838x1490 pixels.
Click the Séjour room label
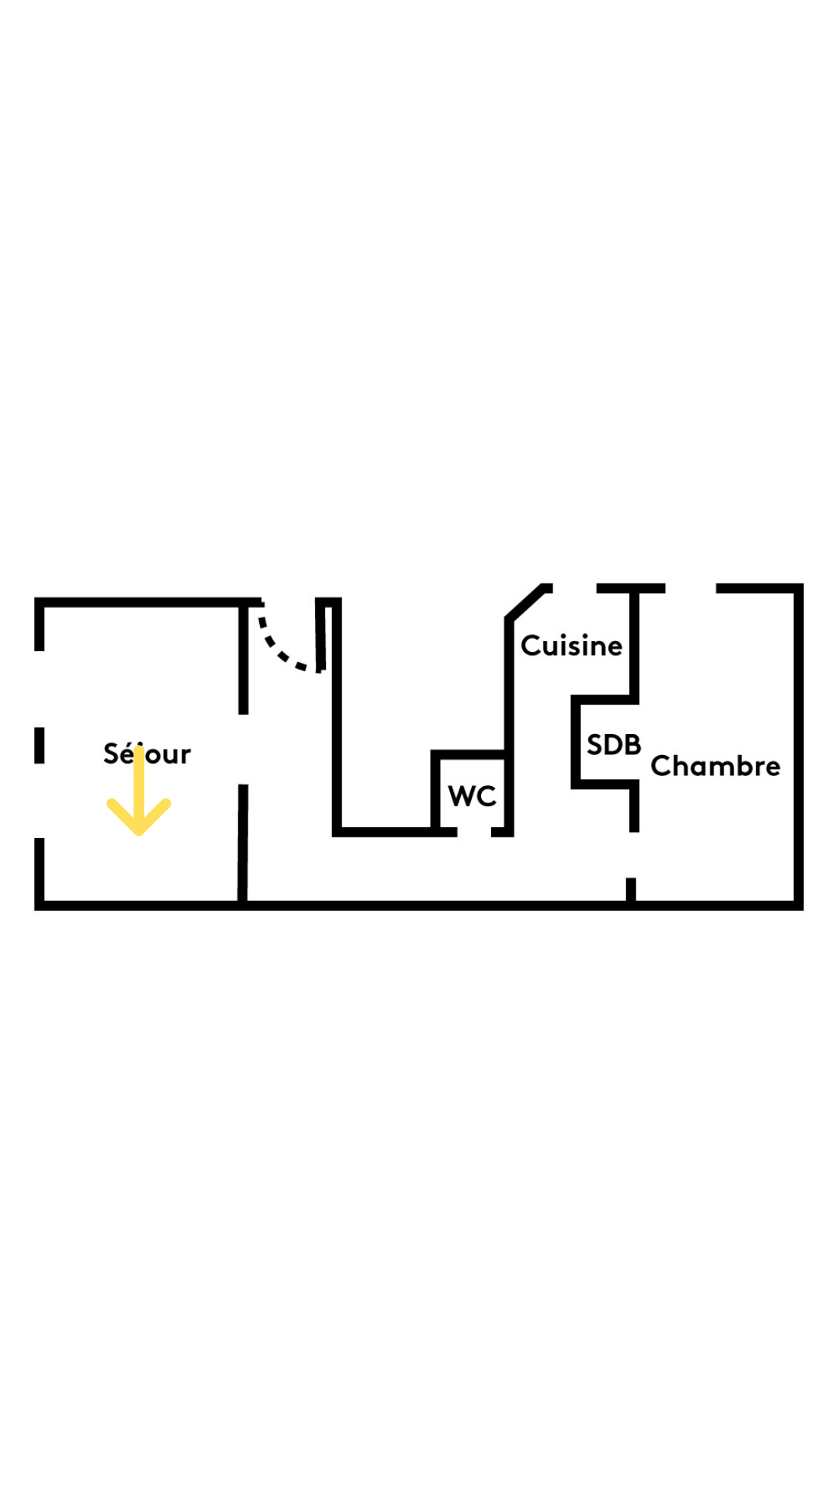click(x=147, y=754)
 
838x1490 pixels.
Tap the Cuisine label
click(x=571, y=646)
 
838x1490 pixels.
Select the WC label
click(x=472, y=795)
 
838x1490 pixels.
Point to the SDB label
click(x=614, y=745)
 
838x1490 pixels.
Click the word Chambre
click(x=715, y=766)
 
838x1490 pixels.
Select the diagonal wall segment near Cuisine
click(x=525, y=602)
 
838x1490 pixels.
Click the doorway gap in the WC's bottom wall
click(x=474, y=832)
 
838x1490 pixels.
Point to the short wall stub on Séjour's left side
click(x=39, y=746)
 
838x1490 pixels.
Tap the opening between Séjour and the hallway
click(x=243, y=749)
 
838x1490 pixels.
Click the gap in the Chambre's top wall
click(x=691, y=588)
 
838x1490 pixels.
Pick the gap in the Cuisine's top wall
click(x=574, y=588)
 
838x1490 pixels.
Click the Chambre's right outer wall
click(x=798, y=745)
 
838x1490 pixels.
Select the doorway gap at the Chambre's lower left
click(x=632, y=854)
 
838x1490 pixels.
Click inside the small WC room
click(x=472, y=776)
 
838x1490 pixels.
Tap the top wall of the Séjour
click(x=147, y=602)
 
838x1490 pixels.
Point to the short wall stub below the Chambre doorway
click(x=631, y=890)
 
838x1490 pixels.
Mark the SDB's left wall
click(x=576, y=742)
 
